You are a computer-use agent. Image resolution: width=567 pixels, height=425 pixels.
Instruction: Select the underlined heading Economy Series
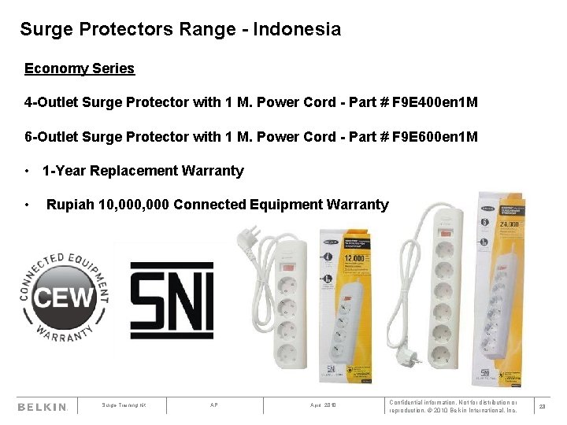coord(80,68)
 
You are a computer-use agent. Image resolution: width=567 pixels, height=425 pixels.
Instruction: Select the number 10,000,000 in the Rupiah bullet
coord(130,205)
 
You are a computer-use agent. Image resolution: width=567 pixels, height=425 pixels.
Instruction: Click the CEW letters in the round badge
coord(65,297)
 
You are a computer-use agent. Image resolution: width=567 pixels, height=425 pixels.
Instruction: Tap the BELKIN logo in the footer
coord(43,407)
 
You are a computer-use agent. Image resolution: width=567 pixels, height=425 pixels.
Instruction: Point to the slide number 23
coord(542,407)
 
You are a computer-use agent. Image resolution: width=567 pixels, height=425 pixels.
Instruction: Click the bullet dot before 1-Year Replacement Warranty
coord(27,171)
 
